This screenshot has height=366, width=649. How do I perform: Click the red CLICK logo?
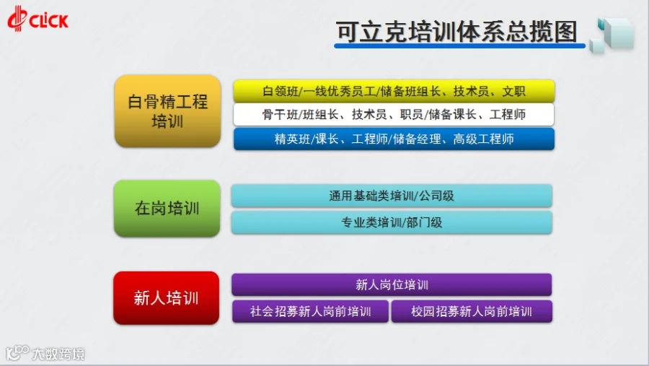37,19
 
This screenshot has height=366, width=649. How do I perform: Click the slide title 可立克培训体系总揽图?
456,32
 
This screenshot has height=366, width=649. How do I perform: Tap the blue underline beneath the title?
459,45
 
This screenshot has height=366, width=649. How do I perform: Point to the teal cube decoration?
612,35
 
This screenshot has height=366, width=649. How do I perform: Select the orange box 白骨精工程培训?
167,111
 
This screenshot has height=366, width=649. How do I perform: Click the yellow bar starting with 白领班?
394,91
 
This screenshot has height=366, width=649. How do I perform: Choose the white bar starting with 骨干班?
394,114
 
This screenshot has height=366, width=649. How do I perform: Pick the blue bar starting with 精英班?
394,139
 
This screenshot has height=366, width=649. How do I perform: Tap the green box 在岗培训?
167,209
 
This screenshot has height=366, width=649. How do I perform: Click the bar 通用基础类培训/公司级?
392,196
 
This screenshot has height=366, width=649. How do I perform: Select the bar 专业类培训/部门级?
392,222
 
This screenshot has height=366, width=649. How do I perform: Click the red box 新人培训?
167,298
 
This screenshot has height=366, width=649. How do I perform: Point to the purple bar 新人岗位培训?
392,284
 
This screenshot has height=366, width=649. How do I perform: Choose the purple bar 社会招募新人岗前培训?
310,311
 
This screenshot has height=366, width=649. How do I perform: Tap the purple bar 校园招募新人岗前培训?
472,311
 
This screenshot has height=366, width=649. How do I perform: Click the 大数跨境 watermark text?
58,354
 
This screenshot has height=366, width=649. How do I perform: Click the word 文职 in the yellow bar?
513,91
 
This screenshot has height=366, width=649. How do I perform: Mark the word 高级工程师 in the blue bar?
483,139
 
